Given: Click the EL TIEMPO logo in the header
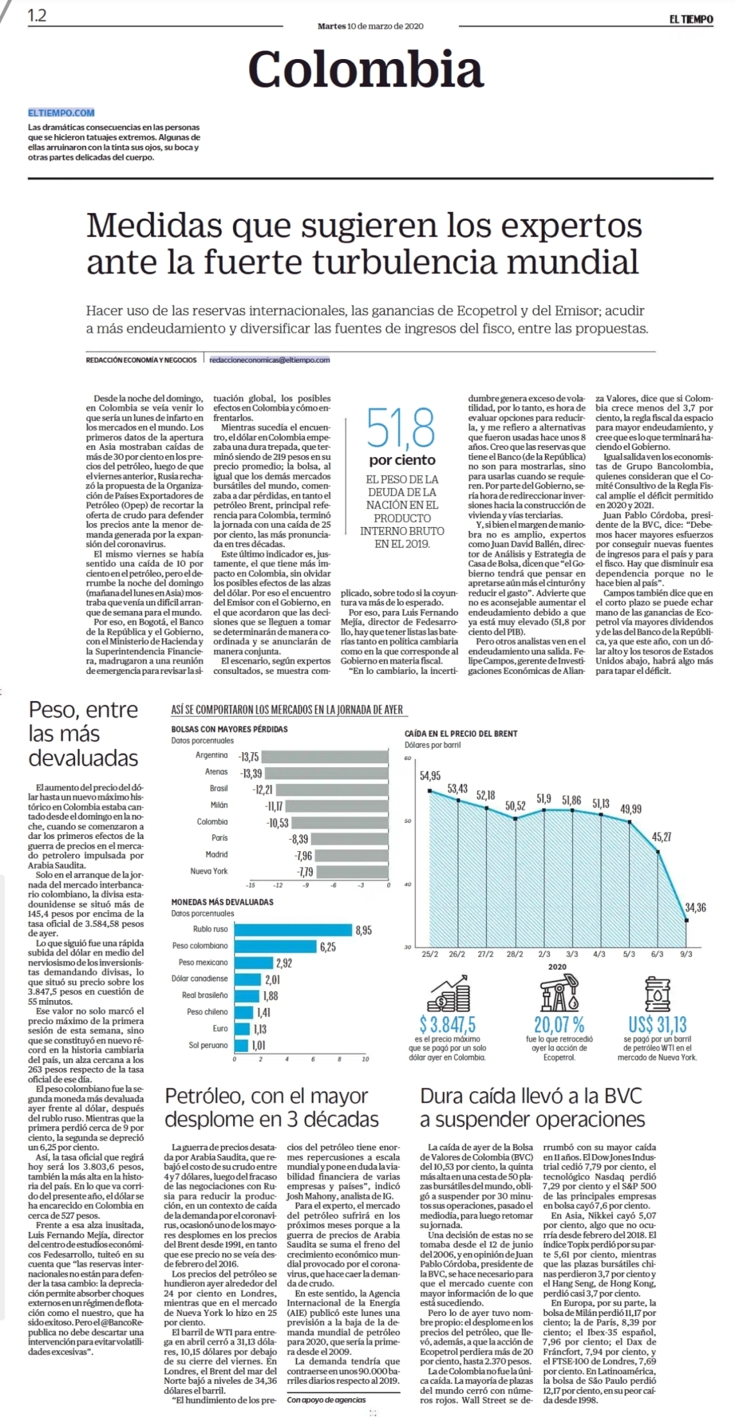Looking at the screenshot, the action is click(691, 19).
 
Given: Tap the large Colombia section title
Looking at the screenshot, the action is click(366, 69).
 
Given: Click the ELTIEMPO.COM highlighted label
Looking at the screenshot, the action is click(61, 112).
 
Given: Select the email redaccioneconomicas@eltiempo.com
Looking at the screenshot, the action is click(270, 360).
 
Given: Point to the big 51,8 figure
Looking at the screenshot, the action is click(401, 428).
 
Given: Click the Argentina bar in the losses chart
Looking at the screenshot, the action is click(325, 756).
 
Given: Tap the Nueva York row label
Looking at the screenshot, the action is click(209, 871).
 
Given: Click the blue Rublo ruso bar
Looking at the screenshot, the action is click(293, 929).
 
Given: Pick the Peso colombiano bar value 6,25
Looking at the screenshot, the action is click(327, 947).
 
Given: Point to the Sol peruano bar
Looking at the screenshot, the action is click(241, 1046).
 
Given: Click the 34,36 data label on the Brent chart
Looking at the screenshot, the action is click(695, 908).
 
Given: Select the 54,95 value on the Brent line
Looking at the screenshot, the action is click(430, 775).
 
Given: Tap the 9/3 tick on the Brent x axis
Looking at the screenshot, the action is click(686, 955).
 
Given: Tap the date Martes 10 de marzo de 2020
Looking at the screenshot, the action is click(370, 26).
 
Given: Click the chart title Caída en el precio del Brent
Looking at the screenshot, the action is click(461, 733).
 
